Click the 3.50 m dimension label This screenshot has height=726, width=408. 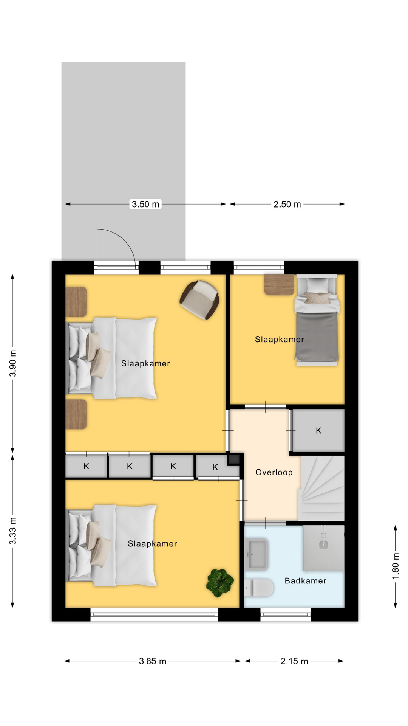145,204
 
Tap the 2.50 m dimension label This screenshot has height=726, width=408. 287,204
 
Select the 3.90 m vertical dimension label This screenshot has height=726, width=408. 13,363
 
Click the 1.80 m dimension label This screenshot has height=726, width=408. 395,566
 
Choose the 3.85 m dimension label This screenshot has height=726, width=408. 152,661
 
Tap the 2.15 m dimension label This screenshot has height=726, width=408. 294,661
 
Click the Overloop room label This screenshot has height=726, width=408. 274,472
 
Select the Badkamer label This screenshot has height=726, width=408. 305,581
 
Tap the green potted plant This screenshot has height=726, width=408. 220,583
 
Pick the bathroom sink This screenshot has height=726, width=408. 257,554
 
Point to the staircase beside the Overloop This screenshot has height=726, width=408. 322,488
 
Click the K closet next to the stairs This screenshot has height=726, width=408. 318,430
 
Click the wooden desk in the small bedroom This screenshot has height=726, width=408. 279,285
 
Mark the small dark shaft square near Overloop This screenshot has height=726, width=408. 233,460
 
